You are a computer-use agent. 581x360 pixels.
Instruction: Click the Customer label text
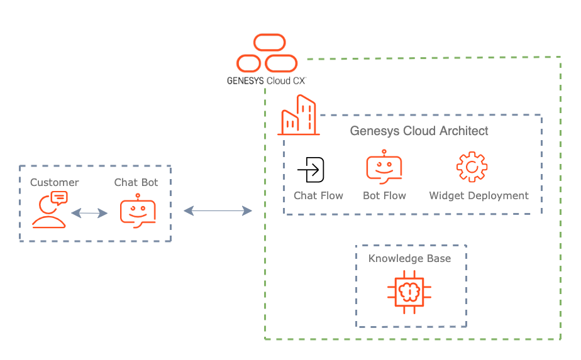55,183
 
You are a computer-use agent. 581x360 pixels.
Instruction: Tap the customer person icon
48,214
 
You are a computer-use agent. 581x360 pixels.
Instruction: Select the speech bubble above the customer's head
59,199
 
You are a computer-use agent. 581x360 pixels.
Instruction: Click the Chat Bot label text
136,183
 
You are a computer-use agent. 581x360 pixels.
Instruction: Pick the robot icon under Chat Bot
138,211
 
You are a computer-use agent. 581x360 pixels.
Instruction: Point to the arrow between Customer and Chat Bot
89,214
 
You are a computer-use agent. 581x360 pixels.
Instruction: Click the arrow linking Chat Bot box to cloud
218,211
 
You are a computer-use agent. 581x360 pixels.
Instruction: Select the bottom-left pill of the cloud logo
249,63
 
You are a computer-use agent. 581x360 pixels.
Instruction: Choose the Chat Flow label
318,196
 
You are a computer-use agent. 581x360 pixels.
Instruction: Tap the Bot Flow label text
384,196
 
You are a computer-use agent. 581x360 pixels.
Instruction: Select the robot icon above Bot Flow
384,166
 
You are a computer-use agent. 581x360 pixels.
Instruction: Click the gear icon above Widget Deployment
472,167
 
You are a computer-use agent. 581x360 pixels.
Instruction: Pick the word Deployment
497,196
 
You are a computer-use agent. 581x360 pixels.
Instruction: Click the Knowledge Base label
409,259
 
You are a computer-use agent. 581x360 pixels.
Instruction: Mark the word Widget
445,196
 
